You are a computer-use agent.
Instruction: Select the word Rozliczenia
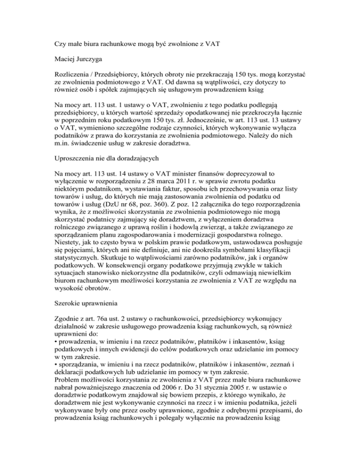pyautogui.click(x=71, y=77)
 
